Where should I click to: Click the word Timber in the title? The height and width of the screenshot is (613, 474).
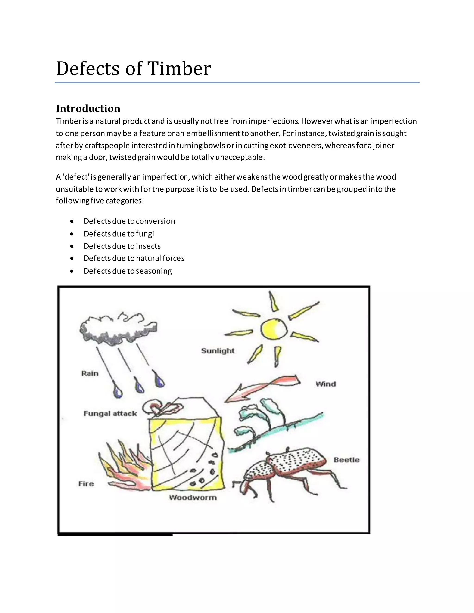[x=179, y=68]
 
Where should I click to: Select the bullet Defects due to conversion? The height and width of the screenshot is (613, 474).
[x=129, y=221]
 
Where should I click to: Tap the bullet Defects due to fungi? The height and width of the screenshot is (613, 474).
[x=119, y=234]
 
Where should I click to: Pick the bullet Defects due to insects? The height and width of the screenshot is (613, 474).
[x=122, y=246]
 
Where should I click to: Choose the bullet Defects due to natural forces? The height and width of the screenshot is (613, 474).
[x=134, y=258]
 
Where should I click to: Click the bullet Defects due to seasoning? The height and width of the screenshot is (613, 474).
[x=128, y=271]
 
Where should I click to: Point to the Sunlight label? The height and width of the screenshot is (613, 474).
[x=218, y=351]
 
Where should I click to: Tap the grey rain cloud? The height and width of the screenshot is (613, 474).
[x=118, y=330]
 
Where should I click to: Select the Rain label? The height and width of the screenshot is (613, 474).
[x=90, y=374]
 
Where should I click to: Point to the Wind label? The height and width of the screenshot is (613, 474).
[x=325, y=384]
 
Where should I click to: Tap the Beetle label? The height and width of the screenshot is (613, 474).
[x=346, y=460]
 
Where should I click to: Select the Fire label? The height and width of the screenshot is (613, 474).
[x=86, y=484]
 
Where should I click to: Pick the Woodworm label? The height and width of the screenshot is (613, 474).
[x=193, y=498]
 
